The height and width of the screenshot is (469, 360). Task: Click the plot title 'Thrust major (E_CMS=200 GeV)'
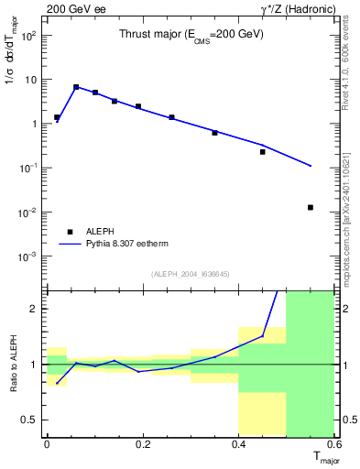(191, 34)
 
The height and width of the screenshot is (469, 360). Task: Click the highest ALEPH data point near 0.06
(76, 87)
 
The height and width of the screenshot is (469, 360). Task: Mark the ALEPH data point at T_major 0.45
(263, 152)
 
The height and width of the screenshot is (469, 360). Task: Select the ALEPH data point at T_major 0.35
(215, 133)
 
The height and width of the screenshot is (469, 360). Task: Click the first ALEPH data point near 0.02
(57, 117)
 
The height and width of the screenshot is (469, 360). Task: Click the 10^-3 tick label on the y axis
(27, 256)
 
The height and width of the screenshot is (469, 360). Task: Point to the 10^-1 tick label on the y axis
(27, 169)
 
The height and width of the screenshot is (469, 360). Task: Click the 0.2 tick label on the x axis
(142, 444)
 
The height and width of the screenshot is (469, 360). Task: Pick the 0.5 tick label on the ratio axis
(30, 420)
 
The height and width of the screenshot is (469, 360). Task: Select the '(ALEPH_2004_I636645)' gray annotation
(191, 274)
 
